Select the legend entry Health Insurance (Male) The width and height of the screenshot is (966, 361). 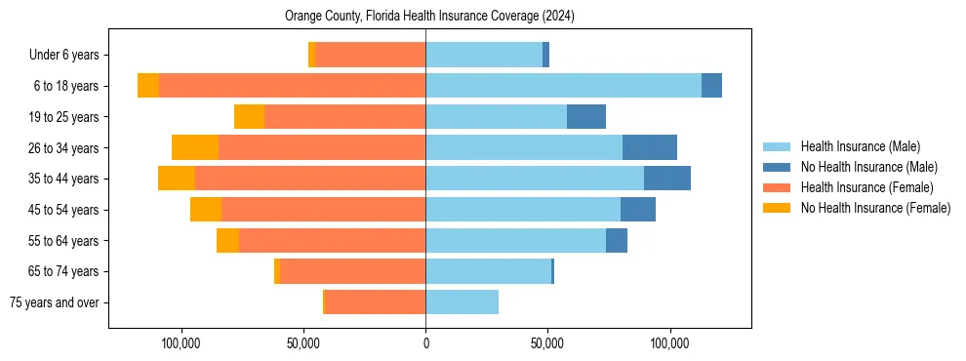point(860,147)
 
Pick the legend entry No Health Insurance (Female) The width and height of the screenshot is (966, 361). point(875,208)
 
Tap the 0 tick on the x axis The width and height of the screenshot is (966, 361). point(425,343)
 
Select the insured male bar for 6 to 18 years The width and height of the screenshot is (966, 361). point(563,86)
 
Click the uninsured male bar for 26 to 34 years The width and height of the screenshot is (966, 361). point(650,147)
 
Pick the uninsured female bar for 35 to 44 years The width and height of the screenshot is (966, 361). point(177,179)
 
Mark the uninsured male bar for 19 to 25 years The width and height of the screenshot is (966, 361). point(586,117)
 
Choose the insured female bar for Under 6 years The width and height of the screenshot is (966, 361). point(371,56)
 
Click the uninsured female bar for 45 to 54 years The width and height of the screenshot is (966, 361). point(206,210)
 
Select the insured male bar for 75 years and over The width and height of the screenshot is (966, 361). point(462,302)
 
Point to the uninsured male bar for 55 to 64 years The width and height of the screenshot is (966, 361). point(617,240)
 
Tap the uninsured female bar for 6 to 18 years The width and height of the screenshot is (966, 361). point(148,86)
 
